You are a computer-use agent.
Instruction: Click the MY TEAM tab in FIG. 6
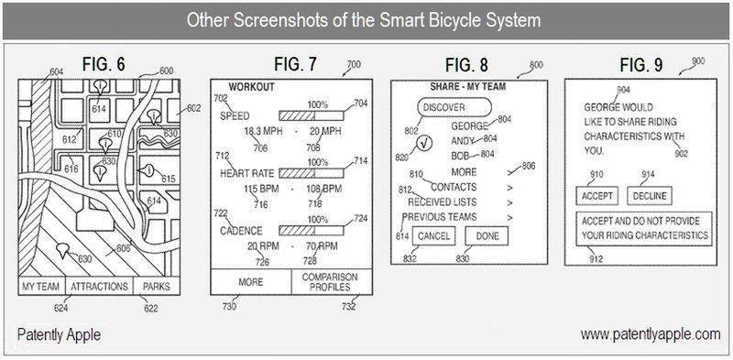click(40, 287)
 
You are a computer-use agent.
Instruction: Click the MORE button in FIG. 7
click(250, 282)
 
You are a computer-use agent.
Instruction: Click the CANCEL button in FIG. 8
click(432, 236)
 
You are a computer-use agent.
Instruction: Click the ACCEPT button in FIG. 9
click(596, 195)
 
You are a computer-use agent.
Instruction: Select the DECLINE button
click(649, 195)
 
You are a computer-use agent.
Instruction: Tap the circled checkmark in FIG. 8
click(423, 143)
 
